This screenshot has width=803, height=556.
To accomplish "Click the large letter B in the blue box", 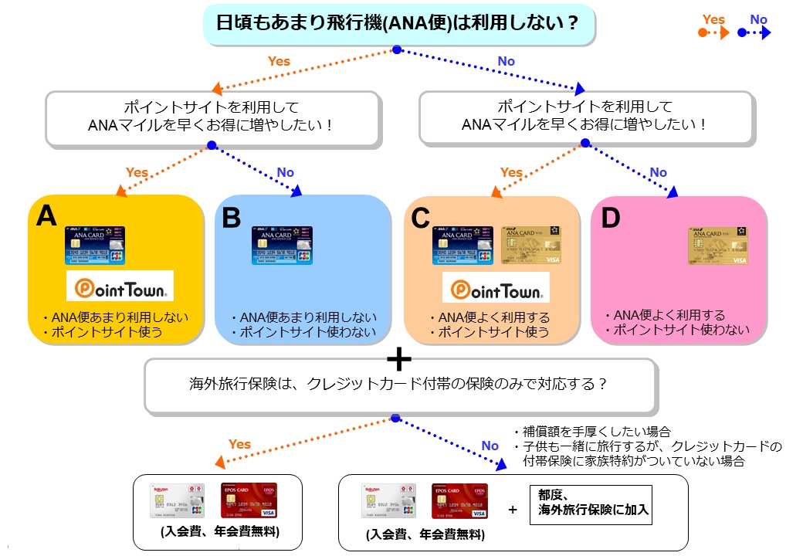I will click(x=232, y=219).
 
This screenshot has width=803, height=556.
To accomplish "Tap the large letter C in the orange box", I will click(x=421, y=219).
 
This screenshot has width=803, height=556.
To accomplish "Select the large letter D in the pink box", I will click(x=611, y=219).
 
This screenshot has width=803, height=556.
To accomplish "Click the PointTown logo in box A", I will click(x=120, y=286).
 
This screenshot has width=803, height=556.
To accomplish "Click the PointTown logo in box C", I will click(x=496, y=288).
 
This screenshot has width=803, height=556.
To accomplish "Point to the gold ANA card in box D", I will click(x=717, y=246).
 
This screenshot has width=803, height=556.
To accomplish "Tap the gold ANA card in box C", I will click(x=531, y=246).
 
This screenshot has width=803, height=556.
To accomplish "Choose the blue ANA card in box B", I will click(x=283, y=246).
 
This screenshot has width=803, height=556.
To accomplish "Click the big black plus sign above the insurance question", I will click(x=398, y=360).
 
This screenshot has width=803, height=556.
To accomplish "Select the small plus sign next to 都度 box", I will click(x=513, y=510).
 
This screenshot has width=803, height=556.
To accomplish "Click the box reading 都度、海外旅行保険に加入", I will click(x=591, y=504).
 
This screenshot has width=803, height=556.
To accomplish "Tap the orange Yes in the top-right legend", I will click(x=713, y=19).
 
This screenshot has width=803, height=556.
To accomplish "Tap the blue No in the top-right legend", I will click(x=759, y=19).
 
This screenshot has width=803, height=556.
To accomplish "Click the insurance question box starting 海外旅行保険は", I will click(x=399, y=384).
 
